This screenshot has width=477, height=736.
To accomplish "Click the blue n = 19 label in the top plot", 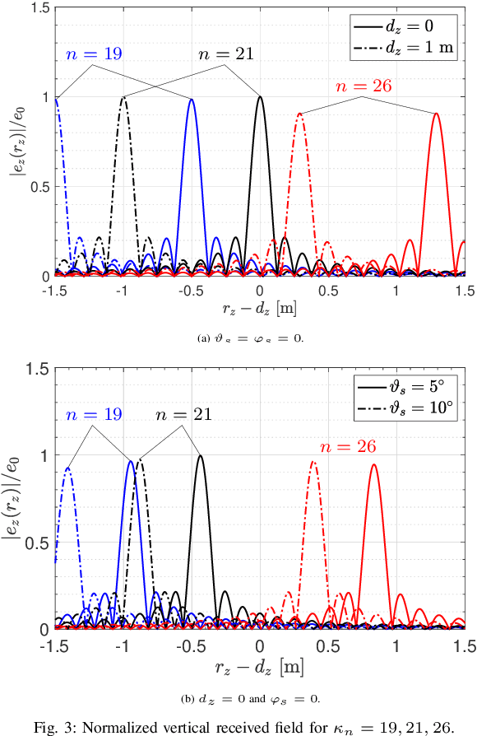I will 93,56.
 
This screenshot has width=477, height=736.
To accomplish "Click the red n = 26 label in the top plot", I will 363,86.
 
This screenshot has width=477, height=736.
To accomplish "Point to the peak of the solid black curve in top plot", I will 260,97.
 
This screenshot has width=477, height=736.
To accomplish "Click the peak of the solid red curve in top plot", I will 437,114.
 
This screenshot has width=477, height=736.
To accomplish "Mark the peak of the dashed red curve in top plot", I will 300,114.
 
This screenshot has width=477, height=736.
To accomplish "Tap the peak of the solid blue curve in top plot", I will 192,99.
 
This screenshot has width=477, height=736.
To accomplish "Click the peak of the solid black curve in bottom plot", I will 200,455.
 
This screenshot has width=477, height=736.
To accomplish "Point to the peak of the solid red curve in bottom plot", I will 374,464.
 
